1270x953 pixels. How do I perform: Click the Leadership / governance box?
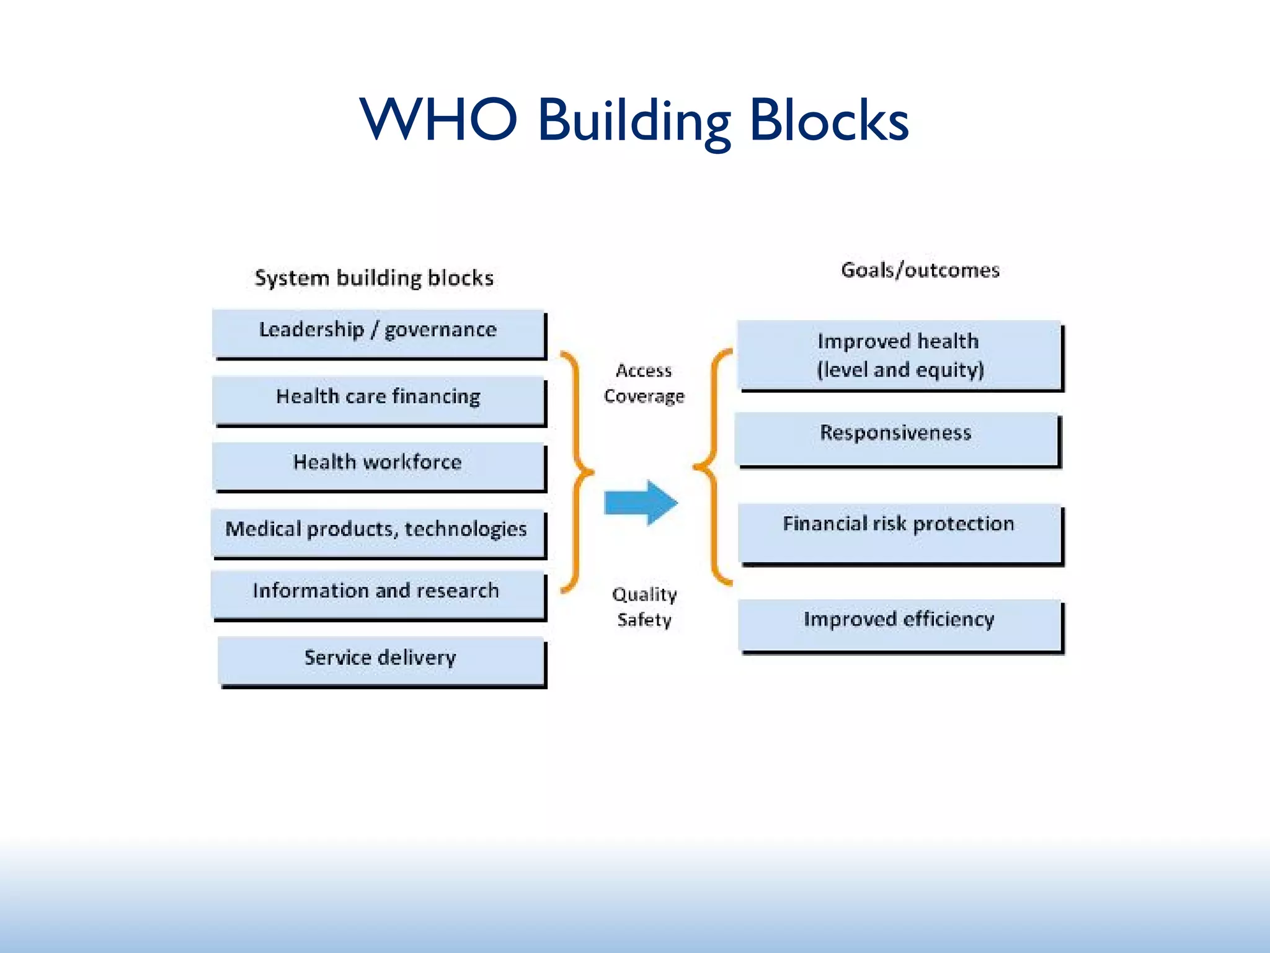[x=378, y=333]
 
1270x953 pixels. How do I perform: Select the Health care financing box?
[x=378, y=400]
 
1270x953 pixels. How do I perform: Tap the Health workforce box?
[x=378, y=465]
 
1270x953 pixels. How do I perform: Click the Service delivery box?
[x=381, y=660]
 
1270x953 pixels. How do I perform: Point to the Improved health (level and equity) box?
[x=899, y=355]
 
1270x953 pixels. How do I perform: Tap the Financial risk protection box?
[x=899, y=532]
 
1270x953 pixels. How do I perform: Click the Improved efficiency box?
[x=899, y=624]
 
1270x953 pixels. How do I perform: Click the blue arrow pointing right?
[x=641, y=503]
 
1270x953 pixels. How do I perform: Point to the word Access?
[x=644, y=371]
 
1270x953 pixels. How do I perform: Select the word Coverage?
[x=644, y=396]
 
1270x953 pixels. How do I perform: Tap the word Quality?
[x=644, y=594]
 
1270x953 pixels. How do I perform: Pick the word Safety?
[x=644, y=619]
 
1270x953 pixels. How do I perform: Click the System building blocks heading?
[x=374, y=278]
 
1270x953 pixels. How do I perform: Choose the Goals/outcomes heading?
[x=920, y=271]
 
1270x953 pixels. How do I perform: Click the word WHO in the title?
[x=438, y=119]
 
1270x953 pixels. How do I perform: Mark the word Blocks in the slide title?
[x=828, y=120]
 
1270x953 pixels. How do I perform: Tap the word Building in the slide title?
[x=634, y=122]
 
